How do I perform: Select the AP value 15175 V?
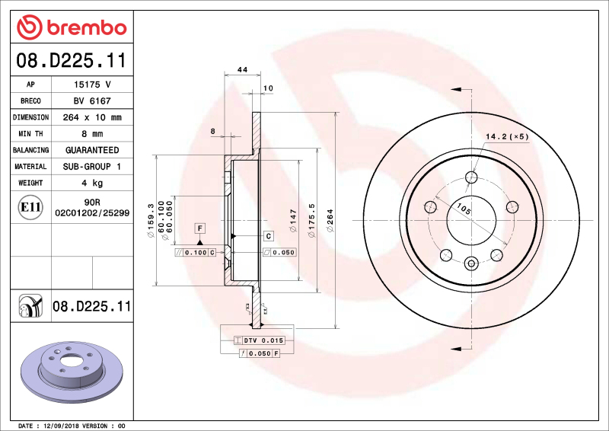(x=92, y=85)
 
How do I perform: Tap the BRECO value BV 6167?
(x=92, y=101)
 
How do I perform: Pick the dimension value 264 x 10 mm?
(x=92, y=118)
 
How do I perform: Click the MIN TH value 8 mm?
(x=92, y=134)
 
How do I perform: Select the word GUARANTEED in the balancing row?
(x=92, y=151)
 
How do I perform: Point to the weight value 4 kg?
(x=92, y=184)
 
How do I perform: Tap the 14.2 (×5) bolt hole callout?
(x=506, y=137)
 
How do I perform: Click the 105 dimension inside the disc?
(x=461, y=207)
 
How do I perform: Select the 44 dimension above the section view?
(x=243, y=70)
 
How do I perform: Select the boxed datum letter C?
(x=269, y=236)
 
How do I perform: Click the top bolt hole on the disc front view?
(x=471, y=178)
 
